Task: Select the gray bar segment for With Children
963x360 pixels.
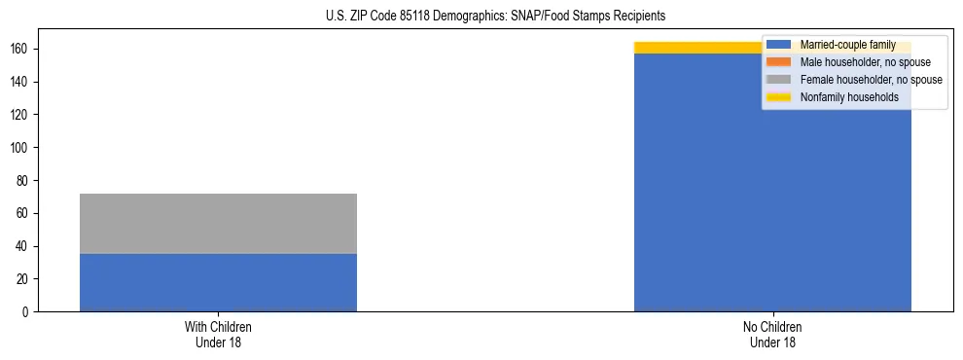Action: [218, 223]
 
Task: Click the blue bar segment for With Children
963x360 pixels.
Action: [218, 282]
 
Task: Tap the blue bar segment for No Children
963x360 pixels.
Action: [772, 195]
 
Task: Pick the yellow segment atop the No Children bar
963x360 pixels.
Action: [700, 48]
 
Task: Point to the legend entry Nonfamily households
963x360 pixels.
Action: [849, 97]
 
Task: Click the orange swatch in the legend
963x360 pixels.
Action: [779, 62]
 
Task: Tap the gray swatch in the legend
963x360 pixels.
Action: [779, 80]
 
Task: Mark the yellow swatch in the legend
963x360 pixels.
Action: [779, 97]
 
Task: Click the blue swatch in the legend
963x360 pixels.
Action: [779, 45]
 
